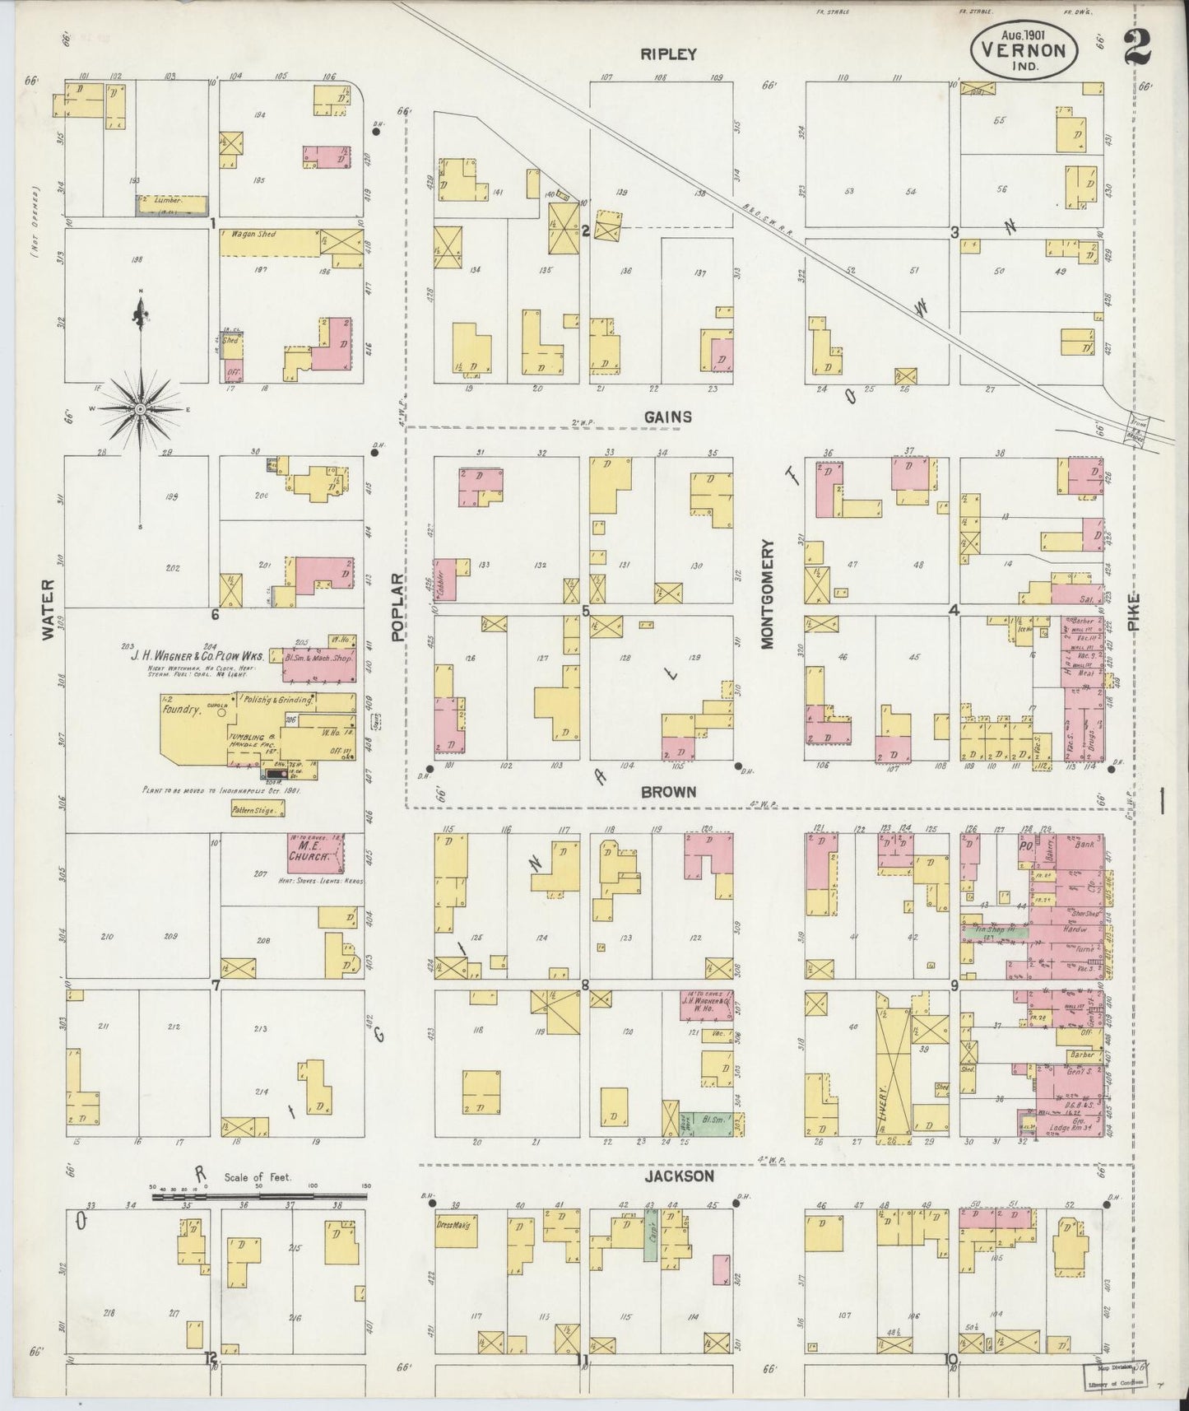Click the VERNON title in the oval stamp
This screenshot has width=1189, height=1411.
point(1031,49)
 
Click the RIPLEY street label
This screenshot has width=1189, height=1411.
point(668,54)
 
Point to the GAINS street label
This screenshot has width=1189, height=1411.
point(668,417)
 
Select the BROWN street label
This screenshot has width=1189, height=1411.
point(668,791)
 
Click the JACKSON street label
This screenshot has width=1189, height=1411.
point(678,1177)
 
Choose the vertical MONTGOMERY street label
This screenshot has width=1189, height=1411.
point(768,594)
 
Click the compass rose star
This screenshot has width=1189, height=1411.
point(141,408)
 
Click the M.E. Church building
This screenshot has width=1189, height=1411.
point(314,853)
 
